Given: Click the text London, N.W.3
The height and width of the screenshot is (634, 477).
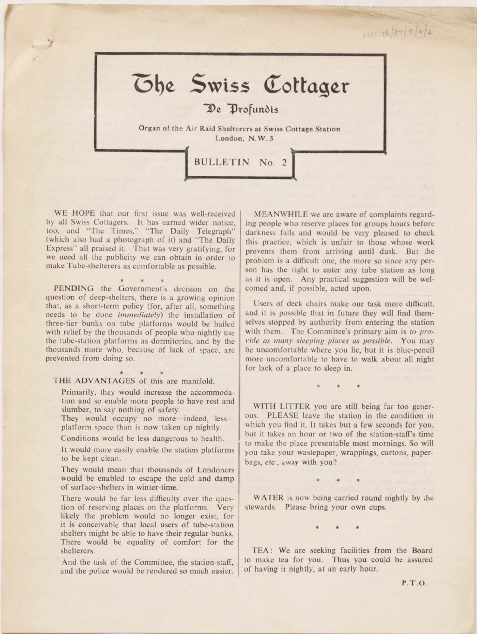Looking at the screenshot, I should tap(239, 138).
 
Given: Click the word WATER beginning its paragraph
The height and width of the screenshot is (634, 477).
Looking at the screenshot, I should tap(266, 498).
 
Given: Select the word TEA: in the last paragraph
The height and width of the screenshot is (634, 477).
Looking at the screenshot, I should tap(261, 550).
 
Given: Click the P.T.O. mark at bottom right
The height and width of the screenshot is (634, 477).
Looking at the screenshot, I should tap(414, 582).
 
